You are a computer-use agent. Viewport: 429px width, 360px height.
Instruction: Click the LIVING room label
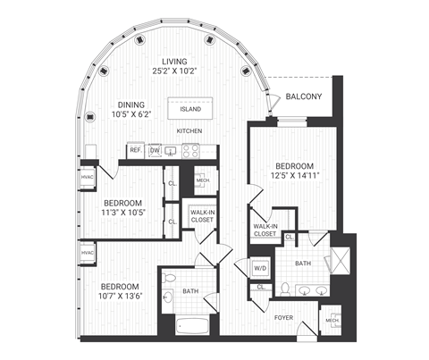163,62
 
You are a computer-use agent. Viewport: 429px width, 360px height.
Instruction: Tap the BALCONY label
304,97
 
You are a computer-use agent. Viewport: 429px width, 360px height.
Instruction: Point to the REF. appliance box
135,151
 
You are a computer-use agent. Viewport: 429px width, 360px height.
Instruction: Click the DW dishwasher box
155,151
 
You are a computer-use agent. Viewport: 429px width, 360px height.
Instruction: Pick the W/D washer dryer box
261,267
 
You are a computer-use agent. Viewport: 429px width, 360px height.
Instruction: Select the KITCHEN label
189,132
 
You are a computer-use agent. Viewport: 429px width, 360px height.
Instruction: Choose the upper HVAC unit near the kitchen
88,177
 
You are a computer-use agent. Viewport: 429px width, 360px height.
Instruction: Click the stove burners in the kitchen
190,151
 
